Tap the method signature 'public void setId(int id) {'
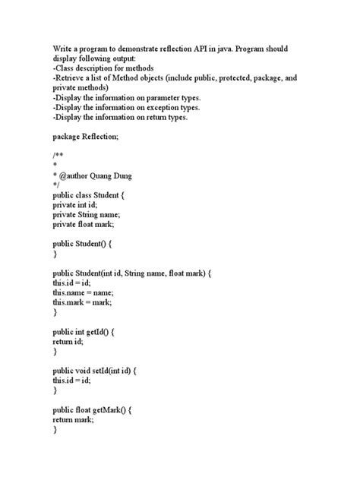99,370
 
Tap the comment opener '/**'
58,156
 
